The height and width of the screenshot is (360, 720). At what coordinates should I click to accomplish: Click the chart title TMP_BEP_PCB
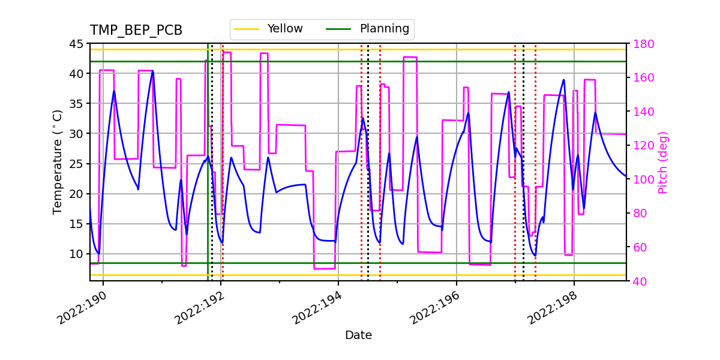coord(136,31)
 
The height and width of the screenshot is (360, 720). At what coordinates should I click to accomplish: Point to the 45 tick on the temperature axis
coord(76,44)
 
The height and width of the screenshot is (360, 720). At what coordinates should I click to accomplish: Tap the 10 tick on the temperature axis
coord(76,254)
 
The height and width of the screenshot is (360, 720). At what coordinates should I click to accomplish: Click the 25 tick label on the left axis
coord(76,164)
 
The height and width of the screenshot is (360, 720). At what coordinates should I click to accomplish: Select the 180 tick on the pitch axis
coord(642,44)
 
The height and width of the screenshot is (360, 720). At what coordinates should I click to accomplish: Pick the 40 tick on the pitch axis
coord(638,281)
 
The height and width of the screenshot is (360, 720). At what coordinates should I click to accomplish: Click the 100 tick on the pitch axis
coord(642,179)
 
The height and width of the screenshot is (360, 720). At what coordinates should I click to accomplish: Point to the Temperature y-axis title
coord(58,161)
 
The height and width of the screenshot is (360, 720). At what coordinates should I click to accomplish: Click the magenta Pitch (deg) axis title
coord(663,162)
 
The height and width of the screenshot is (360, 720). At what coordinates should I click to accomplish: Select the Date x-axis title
coord(358,335)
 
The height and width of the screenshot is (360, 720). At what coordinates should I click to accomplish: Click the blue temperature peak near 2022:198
coord(563,80)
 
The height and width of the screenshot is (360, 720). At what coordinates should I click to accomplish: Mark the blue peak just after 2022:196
coord(469,113)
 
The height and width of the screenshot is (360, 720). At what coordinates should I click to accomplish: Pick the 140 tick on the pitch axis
coord(642,112)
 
